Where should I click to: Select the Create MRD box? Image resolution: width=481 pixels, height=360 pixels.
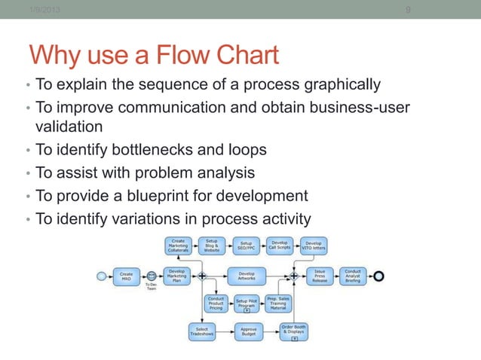pos(127,276)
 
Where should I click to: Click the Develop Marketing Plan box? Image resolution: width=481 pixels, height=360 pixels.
pos(177,276)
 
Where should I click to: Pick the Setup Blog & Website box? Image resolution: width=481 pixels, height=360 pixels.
pos(212,246)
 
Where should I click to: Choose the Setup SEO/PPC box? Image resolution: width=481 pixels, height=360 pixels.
pos(246,246)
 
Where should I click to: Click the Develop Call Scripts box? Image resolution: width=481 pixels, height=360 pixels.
pos(280,246)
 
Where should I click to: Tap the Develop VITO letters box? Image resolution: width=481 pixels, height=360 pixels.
pos(314,246)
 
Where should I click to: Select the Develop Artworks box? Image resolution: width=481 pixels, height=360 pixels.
pos(246,276)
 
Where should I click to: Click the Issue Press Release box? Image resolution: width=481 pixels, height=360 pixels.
pos(320,276)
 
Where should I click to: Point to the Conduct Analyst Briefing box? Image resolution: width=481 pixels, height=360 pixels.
pos(353,276)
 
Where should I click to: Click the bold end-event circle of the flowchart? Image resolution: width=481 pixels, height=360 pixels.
pos(378,276)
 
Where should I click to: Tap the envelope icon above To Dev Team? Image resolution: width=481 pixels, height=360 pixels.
pos(152,276)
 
